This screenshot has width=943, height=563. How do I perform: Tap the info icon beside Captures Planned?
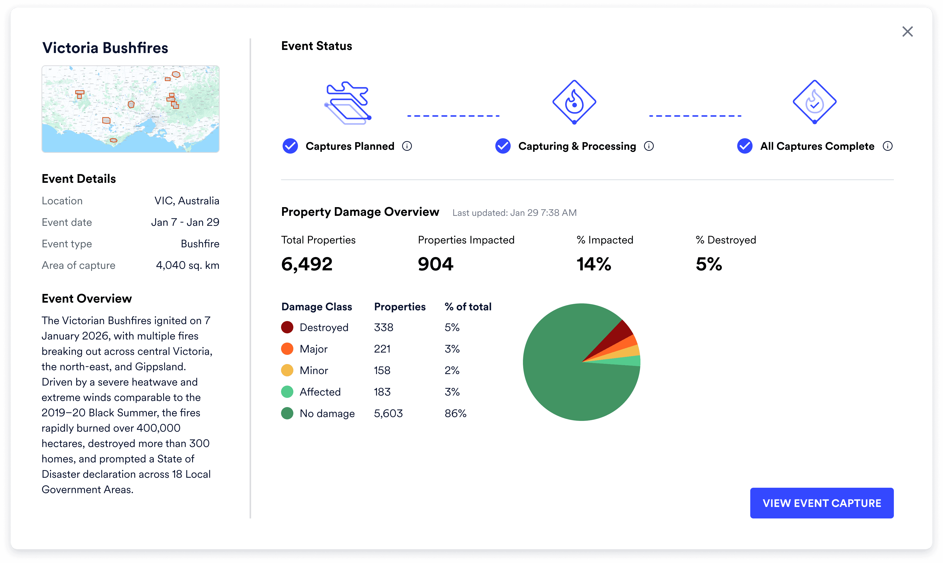coord(407,146)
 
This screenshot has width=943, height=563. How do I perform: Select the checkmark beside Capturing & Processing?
coord(503,146)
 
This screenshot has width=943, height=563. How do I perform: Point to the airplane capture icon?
coord(347,102)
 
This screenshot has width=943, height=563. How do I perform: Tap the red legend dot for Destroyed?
coord(287,327)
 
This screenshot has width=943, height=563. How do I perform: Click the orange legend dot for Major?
coord(287,349)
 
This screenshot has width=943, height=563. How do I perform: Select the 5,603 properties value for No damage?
coord(388,413)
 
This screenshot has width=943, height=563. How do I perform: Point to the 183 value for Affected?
coord(382,392)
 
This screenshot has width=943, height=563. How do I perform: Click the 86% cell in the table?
coord(455,413)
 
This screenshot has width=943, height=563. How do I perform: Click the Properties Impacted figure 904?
coord(435,264)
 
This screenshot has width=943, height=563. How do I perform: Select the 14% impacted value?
coord(594,264)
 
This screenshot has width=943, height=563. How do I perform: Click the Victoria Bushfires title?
coord(105,48)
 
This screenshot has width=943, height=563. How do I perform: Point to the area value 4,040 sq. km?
coord(187,265)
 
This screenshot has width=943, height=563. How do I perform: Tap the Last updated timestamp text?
coord(514,213)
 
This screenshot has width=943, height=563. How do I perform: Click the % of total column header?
coord(468,306)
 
